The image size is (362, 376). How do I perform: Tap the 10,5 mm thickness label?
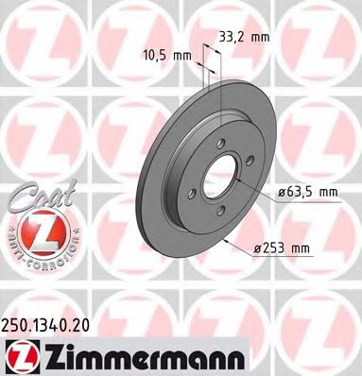point(166,56)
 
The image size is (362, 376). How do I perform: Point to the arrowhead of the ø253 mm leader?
point(231,239)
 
